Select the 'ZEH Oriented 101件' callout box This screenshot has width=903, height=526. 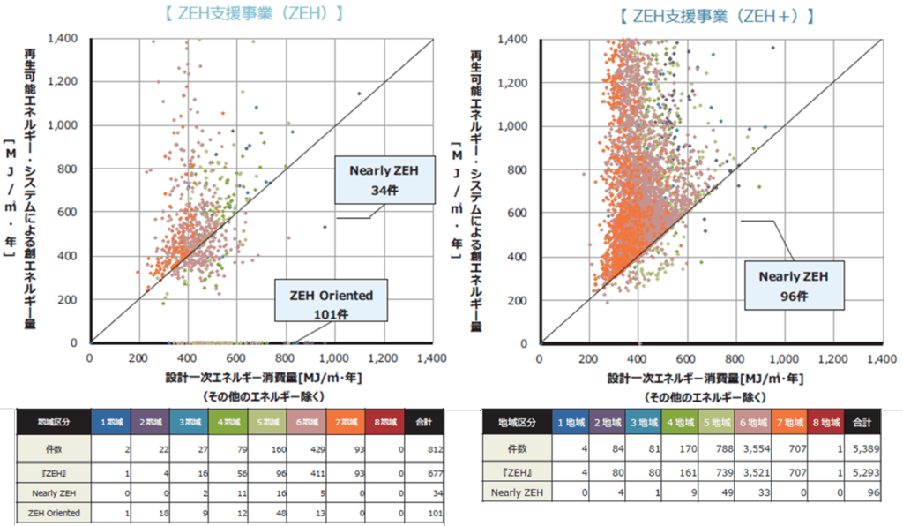coord(330,303)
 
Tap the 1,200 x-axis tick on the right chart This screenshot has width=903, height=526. coord(836,359)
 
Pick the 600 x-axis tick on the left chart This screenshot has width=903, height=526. coord(235,359)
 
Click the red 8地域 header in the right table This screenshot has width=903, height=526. coord(825,423)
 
